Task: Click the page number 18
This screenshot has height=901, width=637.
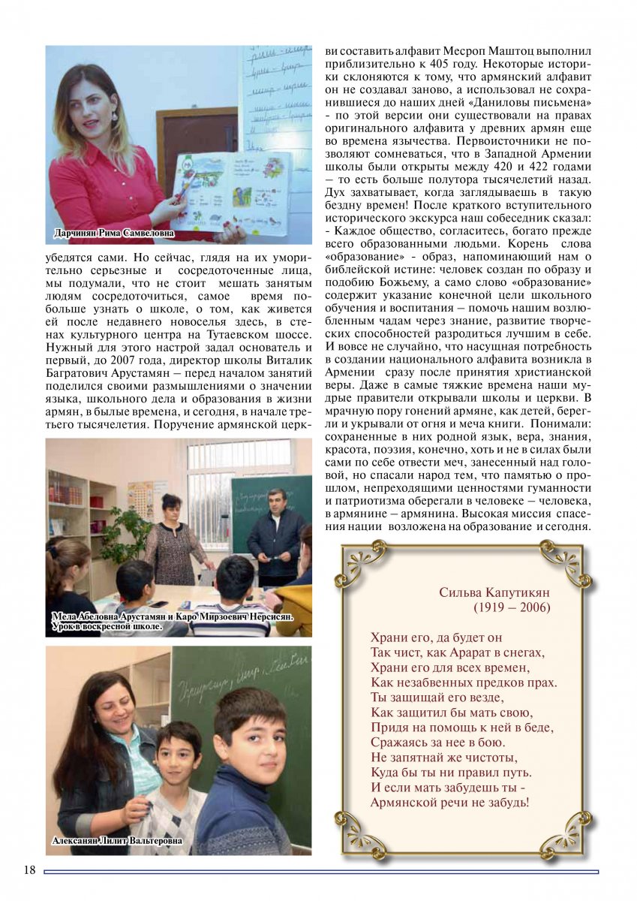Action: click(x=29, y=869)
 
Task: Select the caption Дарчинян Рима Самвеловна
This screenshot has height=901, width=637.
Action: click(x=114, y=234)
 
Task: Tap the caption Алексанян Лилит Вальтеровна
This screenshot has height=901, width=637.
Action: click(x=117, y=841)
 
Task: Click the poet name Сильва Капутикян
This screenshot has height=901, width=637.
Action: click(x=494, y=592)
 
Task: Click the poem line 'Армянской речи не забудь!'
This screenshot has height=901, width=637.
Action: click(x=449, y=802)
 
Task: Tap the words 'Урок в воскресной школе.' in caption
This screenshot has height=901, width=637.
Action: click(x=107, y=625)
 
